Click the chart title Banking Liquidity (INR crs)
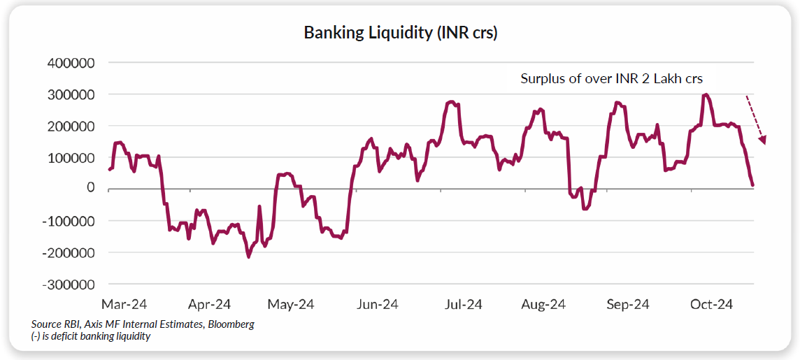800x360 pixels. coord(400,33)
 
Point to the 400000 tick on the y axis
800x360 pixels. coord(71,63)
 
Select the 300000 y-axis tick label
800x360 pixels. coord(71,94)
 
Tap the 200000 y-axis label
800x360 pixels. coord(71,127)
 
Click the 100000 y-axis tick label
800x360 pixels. coord(71,158)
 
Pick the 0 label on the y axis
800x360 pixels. coord(90,189)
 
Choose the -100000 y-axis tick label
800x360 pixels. coord(69,221)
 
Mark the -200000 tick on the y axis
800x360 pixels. coord(69,253)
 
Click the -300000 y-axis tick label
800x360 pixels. coord(69,285)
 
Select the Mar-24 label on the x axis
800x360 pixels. coord(124,305)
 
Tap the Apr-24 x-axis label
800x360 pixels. coord(209,305)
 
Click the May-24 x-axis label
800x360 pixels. coord(292,305)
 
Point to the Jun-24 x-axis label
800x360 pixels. coord(377,305)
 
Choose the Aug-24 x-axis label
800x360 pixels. coord(544,305)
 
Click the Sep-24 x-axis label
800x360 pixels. coord(628,305)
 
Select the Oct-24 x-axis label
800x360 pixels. coord(711,305)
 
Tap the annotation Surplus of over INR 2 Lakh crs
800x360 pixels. coord(611,78)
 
